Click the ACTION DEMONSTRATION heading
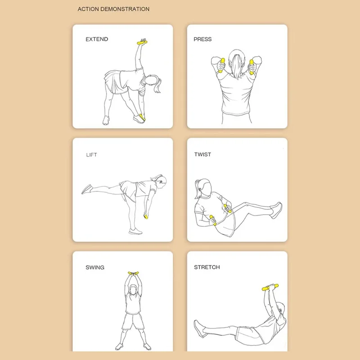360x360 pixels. click(x=113, y=9)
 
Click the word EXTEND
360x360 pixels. click(x=97, y=39)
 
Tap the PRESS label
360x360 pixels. click(x=202, y=39)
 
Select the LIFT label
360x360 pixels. click(x=91, y=155)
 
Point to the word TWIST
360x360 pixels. click(x=202, y=154)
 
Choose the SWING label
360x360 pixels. click(x=95, y=267)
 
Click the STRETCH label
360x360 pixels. click(x=207, y=267)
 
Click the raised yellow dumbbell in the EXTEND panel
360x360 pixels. click(x=142, y=42)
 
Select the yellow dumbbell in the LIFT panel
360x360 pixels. click(x=146, y=216)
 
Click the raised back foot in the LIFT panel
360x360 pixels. click(x=87, y=189)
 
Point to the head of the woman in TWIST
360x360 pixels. click(x=204, y=187)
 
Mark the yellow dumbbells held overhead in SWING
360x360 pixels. click(x=133, y=273)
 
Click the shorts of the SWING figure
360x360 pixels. click(x=133, y=321)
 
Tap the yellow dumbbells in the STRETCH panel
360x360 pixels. click(x=270, y=287)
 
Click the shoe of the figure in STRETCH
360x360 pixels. click(x=199, y=329)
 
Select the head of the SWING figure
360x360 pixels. click(x=133, y=290)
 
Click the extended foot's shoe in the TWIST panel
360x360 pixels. click(x=277, y=210)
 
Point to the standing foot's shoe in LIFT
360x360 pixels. click(x=135, y=231)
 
